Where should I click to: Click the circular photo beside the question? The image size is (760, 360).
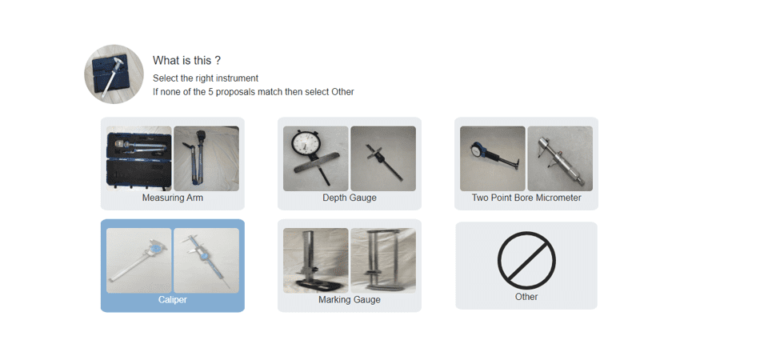pos(114,74)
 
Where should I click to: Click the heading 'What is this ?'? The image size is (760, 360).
pos(187,61)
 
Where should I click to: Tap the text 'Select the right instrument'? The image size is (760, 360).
pos(206,78)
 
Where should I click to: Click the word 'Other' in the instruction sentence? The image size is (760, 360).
pos(342,91)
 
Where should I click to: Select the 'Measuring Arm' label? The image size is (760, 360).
pos(173,198)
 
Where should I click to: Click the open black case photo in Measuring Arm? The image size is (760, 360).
pos(139,158)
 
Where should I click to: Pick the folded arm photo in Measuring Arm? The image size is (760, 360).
pos(206,158)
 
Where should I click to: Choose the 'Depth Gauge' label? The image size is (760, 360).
pos(350,198)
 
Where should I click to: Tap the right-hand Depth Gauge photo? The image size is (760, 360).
pos(383,158)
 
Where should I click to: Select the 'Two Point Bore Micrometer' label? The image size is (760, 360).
pos(526,198)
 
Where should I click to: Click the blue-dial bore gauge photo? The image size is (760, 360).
pos(493,158)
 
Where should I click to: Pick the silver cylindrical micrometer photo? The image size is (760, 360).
pos(560,158)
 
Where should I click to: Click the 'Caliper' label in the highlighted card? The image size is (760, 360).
pos(173,300)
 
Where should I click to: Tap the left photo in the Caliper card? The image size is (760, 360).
pos(139,261)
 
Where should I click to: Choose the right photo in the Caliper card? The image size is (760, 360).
pos(206,261)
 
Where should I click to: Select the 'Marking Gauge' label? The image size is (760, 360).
pos(350,300)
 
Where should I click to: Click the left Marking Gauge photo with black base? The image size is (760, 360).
pos(315,261)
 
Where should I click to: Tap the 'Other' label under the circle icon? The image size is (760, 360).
pos(526,297)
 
